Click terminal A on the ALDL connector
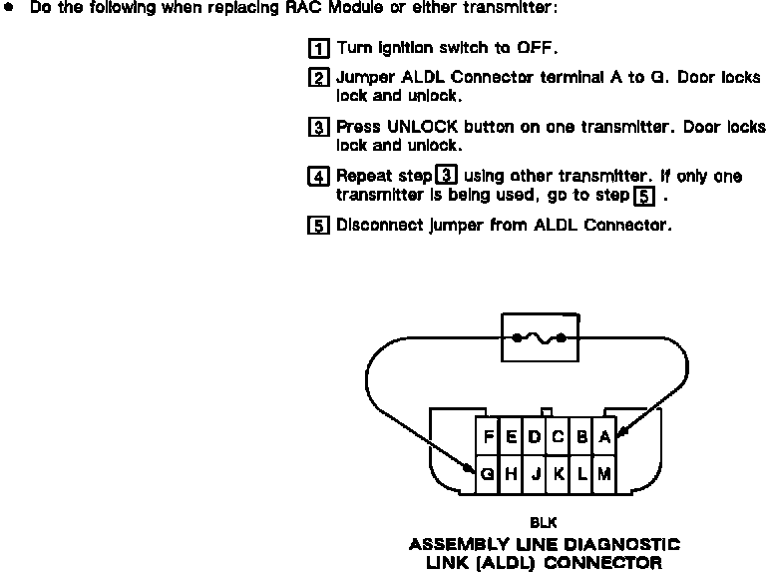coord(604,436)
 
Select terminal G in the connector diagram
coord(487,475)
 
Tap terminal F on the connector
coord(488,436)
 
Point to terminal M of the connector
coord(604,475)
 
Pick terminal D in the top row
coord(535,436)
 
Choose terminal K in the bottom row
coord(559,475)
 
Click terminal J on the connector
coord(535,475)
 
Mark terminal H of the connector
coord(511,475)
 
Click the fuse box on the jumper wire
coord(540,338)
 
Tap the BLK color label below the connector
coord(544,521)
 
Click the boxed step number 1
coord(318,48)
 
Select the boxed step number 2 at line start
coord(318,78)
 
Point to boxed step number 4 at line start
coord(318,177)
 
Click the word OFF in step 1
coord(536,48)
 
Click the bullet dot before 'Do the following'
coord(9,8)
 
